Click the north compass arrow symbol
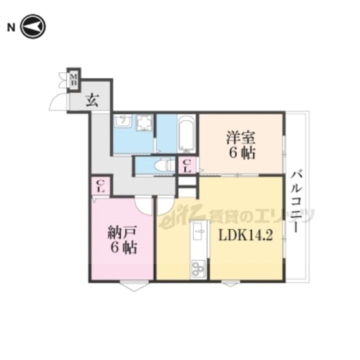point(33,26)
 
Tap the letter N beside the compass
point(11,27)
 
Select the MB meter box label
point(73,79)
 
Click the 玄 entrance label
point(92,101)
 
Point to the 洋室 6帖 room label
point(241,145)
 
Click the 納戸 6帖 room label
point(122,239)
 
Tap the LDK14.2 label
point(245,235)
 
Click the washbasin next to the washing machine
point(123,120)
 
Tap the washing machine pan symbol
point(145,122)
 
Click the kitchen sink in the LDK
point(199,231)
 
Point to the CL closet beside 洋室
point(187,166)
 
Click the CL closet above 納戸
point(101,186)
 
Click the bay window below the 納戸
point(134,285)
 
